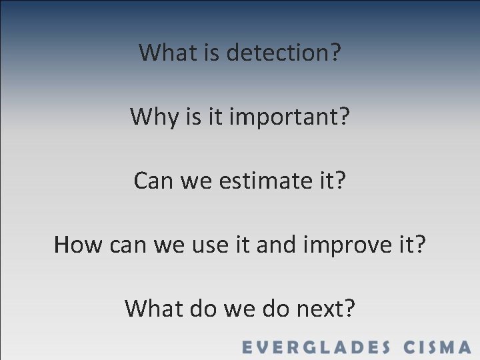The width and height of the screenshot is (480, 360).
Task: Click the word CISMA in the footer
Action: point(437,347)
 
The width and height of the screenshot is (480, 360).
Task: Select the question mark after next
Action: point(349,308)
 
